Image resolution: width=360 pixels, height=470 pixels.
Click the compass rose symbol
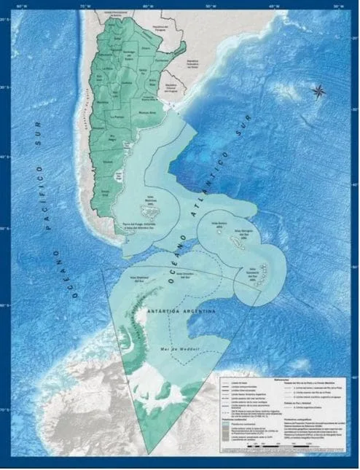[x=318, y=91]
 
